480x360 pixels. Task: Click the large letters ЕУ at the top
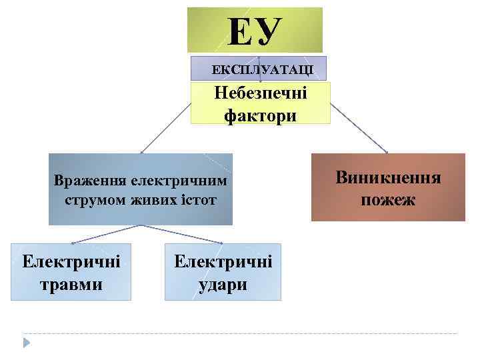point(255,31)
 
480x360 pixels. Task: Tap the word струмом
point(91,200)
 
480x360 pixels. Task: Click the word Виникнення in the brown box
point(388,178)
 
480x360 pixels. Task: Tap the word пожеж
point(388,199)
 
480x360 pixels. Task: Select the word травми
point(71,285)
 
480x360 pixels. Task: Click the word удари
point(223,285)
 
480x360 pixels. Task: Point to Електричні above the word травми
point(71,261)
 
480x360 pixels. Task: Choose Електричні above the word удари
point(223,261)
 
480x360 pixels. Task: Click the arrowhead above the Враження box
point(141,152)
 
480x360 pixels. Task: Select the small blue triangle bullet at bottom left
point(27,342)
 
